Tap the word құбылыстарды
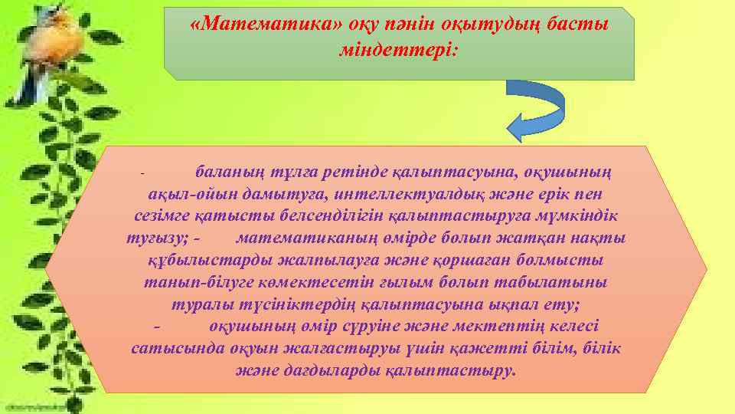[x=193, y=261]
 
